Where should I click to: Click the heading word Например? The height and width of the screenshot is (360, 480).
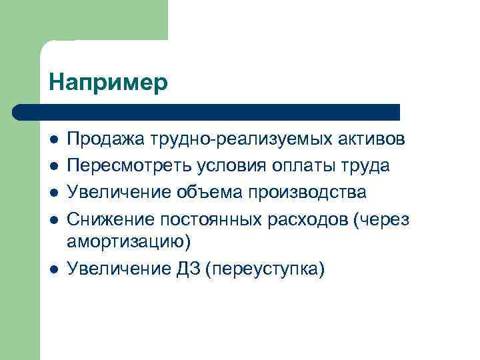click(x=109, y=83)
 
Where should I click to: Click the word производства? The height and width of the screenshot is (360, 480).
click(x=307, y=193)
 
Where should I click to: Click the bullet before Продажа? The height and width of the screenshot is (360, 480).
click(x=53, y=140)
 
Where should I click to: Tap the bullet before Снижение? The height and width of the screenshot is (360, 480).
click(x=53, y=221)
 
